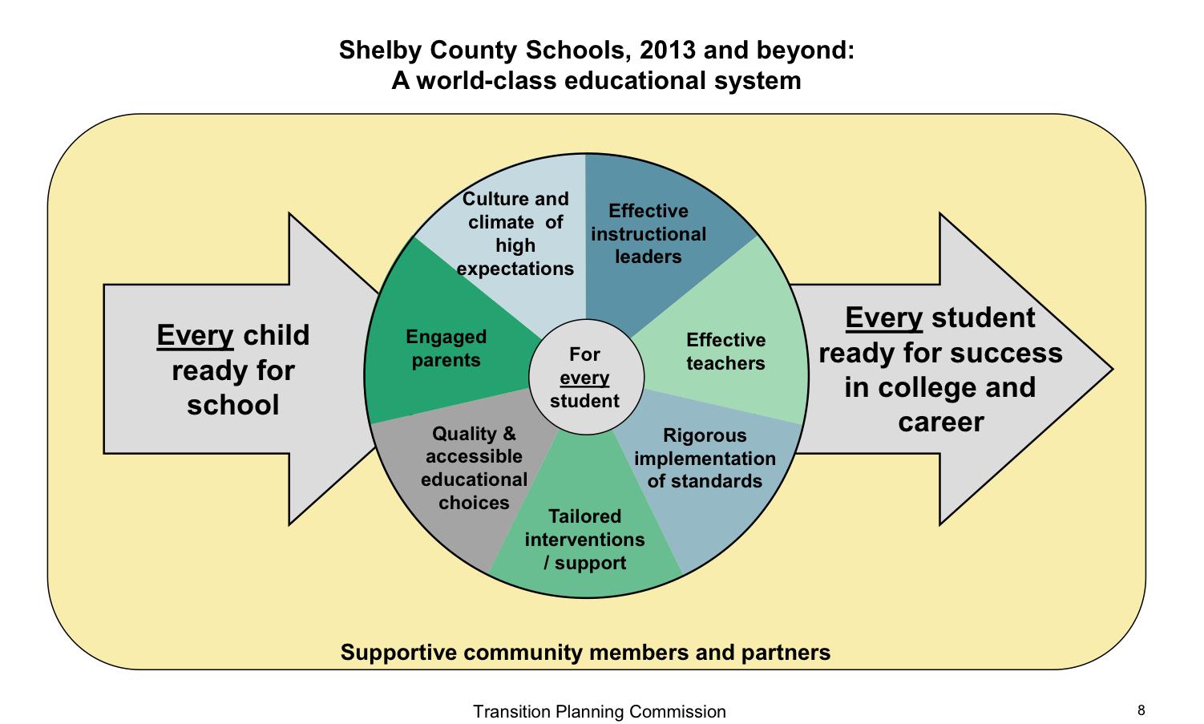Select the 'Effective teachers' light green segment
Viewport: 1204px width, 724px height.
[725, 352]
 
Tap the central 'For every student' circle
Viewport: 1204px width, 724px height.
[585, 378]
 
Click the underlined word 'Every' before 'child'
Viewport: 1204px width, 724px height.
[196, 335]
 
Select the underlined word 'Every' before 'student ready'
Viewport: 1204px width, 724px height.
[884, 318]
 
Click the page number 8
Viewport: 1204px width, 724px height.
[1141, 710]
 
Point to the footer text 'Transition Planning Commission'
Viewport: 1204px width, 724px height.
[600, 712]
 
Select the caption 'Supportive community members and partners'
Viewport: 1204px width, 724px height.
[585, 653]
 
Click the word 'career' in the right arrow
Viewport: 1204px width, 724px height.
[940, 423]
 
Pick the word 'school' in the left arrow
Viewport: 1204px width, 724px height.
[233, 405]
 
